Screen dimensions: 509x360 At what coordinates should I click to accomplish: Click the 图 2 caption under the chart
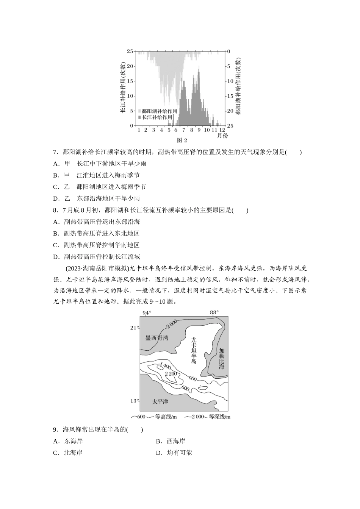[x=182, y=140]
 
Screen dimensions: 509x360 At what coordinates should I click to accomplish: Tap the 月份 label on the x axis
[x=222, y=135]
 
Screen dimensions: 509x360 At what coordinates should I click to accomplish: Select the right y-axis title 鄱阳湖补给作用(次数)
[x=238, y=86]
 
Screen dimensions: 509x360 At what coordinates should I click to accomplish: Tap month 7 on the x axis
[x=184, y=130]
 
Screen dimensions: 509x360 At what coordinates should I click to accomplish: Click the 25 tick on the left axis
[x=130, y=51]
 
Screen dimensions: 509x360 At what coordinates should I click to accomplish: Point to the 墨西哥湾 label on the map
[x=157, y=338]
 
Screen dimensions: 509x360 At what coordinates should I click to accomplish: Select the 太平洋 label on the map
[x=160, y=401]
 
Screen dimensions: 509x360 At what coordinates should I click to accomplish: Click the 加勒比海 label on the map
[x=222, y=359]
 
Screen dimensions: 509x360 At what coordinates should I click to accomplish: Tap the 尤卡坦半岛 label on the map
[x=194, y=350]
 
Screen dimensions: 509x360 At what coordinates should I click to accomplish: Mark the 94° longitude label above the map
[x=147, y=312]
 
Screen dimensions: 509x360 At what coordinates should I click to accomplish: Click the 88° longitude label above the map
[x=214, y=312]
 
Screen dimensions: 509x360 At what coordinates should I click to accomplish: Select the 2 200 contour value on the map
[x=171, y=374]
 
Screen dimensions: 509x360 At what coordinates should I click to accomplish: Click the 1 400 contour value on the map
[x=164, y=367]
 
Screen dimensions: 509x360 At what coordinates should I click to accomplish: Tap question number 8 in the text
[x=55, y=210]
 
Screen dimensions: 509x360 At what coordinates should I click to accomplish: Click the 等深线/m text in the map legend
[x=219, y=417]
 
